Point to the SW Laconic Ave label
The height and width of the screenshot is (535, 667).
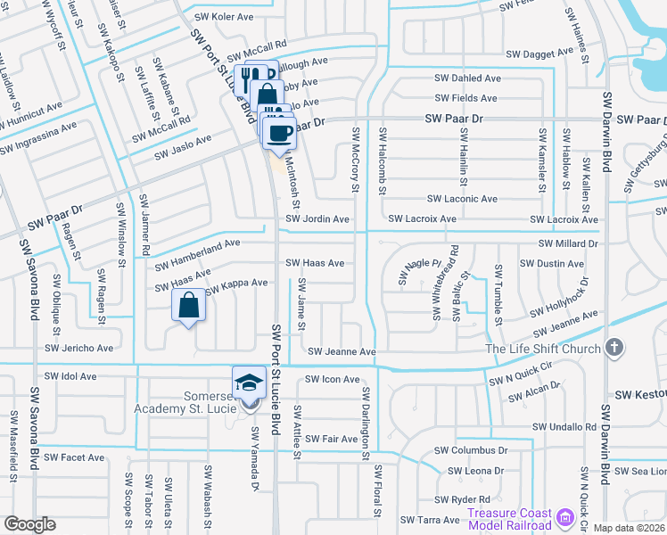click(x=462, y=199)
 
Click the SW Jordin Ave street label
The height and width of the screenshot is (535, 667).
click(x=317, y=218)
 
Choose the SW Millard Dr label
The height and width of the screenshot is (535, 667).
click(x=569, y=243)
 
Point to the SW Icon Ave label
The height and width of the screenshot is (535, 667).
click(x=332, y=379)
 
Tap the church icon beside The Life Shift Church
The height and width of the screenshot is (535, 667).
click(x=613, y=348)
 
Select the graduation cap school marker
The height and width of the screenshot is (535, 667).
click(x=249, y=383)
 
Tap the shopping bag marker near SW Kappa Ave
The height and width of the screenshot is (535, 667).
click(x=189, y=306)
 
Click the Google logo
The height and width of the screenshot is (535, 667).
click(x=29, y=524)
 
